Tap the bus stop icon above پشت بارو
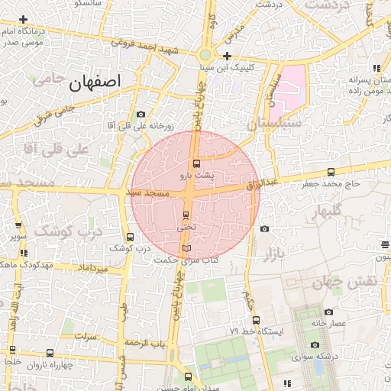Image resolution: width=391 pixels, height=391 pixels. click(x=196, y=163)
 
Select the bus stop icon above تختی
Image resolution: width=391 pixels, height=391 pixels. click(x=186, y=215)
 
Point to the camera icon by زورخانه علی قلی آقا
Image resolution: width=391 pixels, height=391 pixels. click(x=141, y=115)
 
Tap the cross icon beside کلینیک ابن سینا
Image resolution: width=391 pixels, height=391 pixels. click(x=228, y=57)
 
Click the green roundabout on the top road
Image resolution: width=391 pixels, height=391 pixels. click(x=205, y=54)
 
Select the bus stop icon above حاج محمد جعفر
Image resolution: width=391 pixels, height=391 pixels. click(x=330, y=172)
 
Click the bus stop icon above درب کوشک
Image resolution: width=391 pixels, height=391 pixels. click(x=129, y=237)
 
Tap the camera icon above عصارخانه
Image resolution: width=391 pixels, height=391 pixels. click(x=328, y=312)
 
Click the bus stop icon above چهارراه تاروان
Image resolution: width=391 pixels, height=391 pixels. click(x=50, y=353)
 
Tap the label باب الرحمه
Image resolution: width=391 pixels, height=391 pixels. click(x=147, y=343)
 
